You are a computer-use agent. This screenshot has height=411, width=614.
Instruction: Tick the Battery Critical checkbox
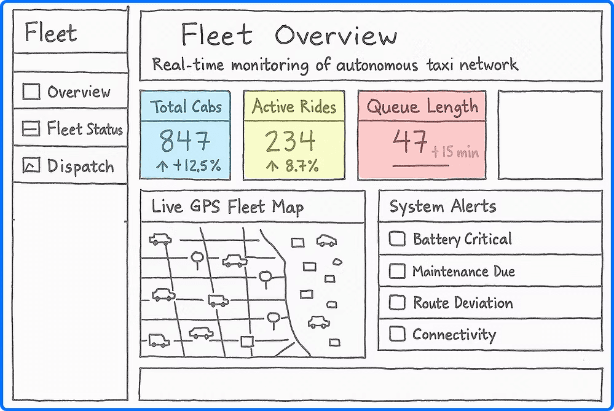pyautogui.click(x=397, y=239)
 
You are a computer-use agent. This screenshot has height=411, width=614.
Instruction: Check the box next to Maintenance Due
pyautogui.click(x=397, y=271)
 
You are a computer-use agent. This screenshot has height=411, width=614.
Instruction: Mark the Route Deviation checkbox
pyautogui.click(x=397, y=302)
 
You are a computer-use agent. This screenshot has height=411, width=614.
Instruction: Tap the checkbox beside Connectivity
pyautogui.click(x=397, y=334)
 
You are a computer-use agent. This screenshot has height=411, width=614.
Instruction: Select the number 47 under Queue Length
pyautogui.click(x=409, y=142)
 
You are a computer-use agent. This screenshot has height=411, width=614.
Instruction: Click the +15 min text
pyautogui.click(x=455, y=152)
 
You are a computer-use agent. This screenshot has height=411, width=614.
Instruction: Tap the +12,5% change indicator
pyautogui.click(x=190, y=166)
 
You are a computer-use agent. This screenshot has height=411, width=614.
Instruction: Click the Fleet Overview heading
pyautogui.click(x=289, y=36)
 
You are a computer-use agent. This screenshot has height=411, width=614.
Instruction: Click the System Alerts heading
pyautogui.click(x=443, y=206)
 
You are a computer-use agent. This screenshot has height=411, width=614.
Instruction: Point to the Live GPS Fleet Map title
pyautogui.click(x=227, y=206)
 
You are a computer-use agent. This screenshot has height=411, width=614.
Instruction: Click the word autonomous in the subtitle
pyautogui.click(x=373, y=64)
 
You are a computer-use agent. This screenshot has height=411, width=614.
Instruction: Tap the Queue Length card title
pyautogui.click(x=422, y=107)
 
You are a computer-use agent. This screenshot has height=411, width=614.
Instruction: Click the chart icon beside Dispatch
pyautogui.click(x=31, y=165)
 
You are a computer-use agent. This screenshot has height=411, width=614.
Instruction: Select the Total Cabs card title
pyautogui.click(x=186, y=107)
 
